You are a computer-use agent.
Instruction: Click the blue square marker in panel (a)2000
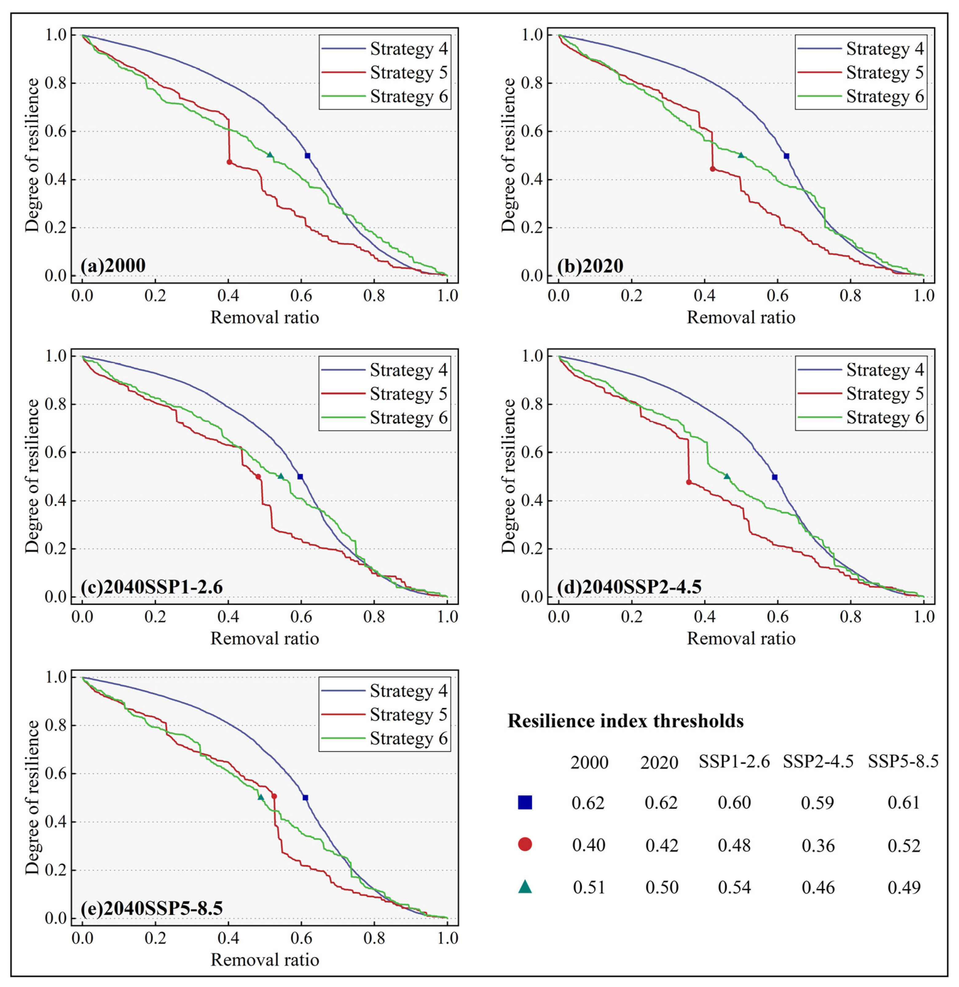[307, 156]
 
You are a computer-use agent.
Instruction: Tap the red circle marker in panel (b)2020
[712, 169]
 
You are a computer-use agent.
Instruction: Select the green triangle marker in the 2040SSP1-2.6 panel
[281, 476]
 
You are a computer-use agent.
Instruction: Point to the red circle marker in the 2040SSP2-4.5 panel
[689, 482]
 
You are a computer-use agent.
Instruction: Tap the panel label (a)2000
[113, 265]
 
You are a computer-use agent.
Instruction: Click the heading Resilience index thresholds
[626, 721]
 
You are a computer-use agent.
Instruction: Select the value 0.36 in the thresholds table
[818, 845]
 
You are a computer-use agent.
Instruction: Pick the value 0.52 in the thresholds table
[904, 845]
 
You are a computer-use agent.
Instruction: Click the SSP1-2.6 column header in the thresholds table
[734, 762]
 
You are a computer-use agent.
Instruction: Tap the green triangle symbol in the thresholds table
[525, 887]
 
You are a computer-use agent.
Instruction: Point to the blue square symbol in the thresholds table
[525, 802]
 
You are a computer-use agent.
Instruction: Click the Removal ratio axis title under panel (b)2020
[741, 318]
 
